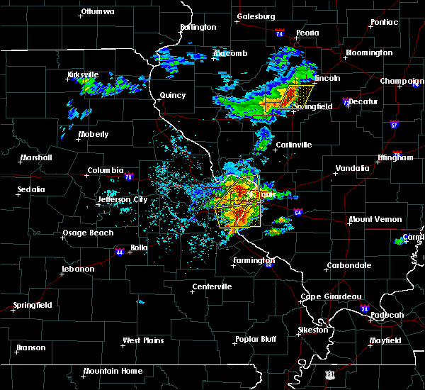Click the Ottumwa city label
[x=99, y=12]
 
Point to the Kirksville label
[x=83, y=74]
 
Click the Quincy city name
[x=173, y=96]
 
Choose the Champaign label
[x=402, y=82]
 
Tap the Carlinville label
[x=293, y=145]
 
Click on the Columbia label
[x=106, y=171]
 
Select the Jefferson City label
[x=123, y=200]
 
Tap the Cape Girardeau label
[x=331, y=296]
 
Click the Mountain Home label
[x=113, y=371]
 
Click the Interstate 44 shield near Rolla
[x=119, y=250]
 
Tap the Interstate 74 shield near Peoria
[x=279, y=34]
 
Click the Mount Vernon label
[x=375, y=220]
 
